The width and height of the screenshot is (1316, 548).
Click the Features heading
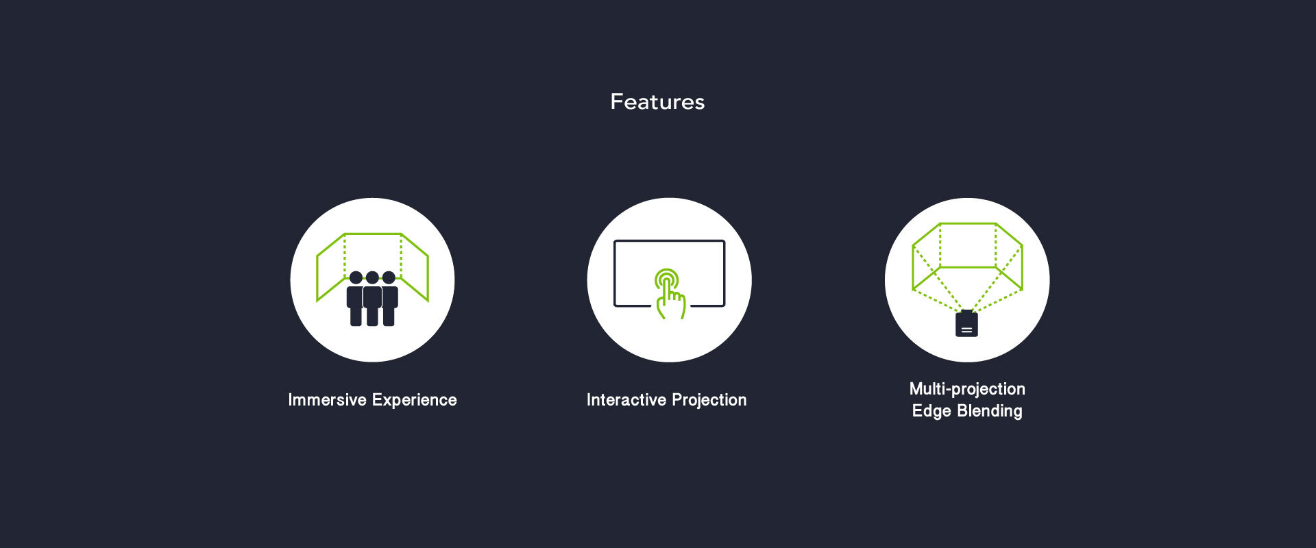[657, 102]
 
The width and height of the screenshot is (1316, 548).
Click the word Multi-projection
[967, 389]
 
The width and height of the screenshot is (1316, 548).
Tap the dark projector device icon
[966, 323]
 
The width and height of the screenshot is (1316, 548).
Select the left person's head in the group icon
[356, 277]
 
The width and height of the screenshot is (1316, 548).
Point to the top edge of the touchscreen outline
[669, 241]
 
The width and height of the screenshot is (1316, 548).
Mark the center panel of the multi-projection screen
[967, 245]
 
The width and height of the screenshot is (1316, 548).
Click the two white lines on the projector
[966, 330]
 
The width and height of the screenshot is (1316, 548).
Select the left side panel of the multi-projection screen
[926, 256]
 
